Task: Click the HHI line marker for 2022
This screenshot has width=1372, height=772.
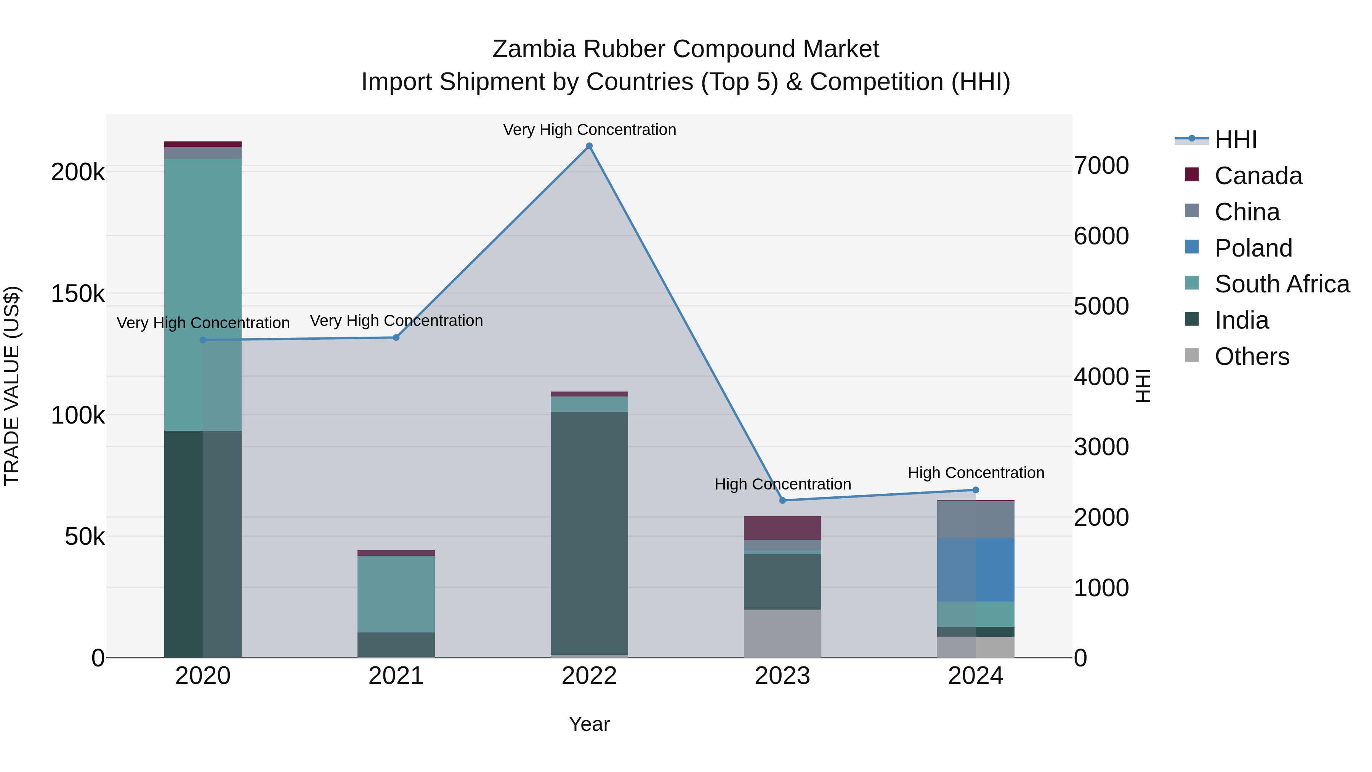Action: coord(589,146)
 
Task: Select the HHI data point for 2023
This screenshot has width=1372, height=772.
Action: coord(782,500)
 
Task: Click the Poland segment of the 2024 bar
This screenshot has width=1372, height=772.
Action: coord(976,570)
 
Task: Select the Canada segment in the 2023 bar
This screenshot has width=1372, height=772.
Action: coord(782,528)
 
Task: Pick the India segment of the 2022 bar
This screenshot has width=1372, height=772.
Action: coord(589,533)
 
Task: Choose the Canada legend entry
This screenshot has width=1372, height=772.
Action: coord(1258,176)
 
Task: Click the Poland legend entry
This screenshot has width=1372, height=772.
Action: coord(1253,248)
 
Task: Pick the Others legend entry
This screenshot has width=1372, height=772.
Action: coord(1252,356)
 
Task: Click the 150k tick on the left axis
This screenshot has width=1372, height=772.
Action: coord(78,294)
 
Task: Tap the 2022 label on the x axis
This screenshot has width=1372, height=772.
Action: coord(589,676)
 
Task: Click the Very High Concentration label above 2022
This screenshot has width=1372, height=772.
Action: coord(589,130)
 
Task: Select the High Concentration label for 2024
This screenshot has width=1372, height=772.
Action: coord(976,473)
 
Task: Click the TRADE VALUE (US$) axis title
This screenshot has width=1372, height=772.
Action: coord(12,386)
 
